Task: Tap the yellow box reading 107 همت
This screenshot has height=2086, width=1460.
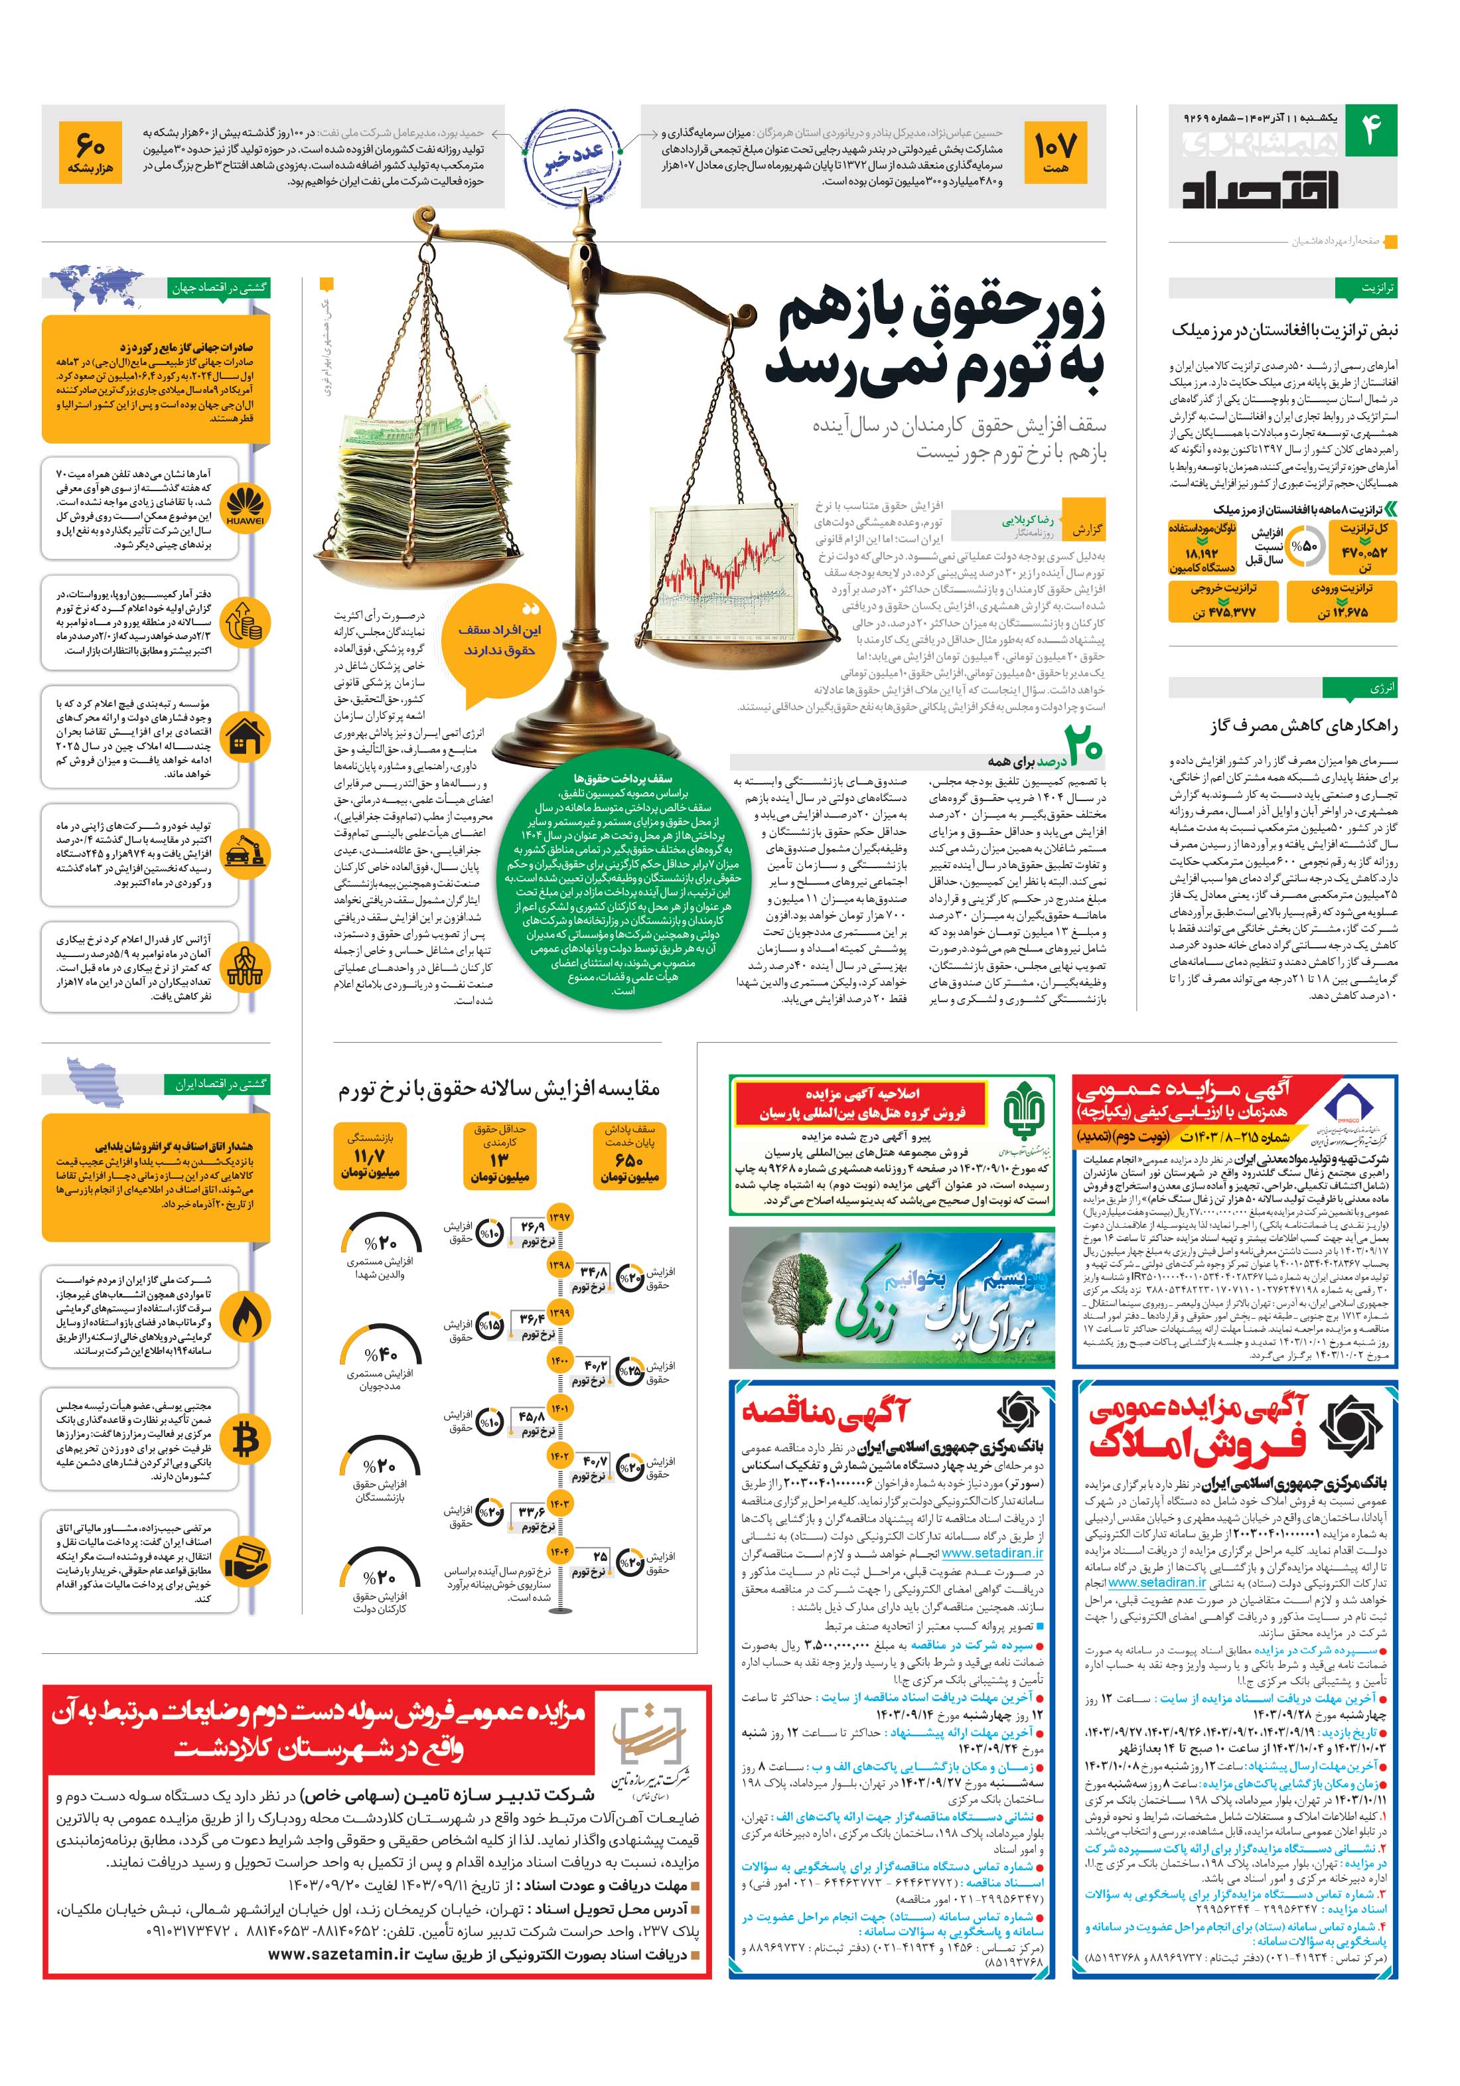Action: [x=1054, y=155]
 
